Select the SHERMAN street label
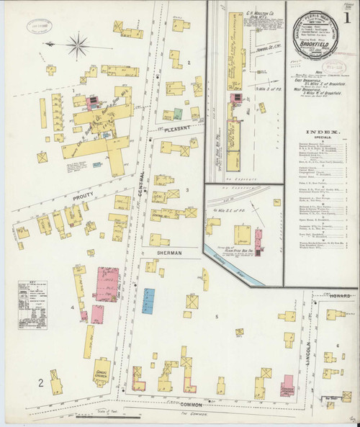pos(167,253)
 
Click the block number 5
pos(215,315)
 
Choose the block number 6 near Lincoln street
pos(337,346)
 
